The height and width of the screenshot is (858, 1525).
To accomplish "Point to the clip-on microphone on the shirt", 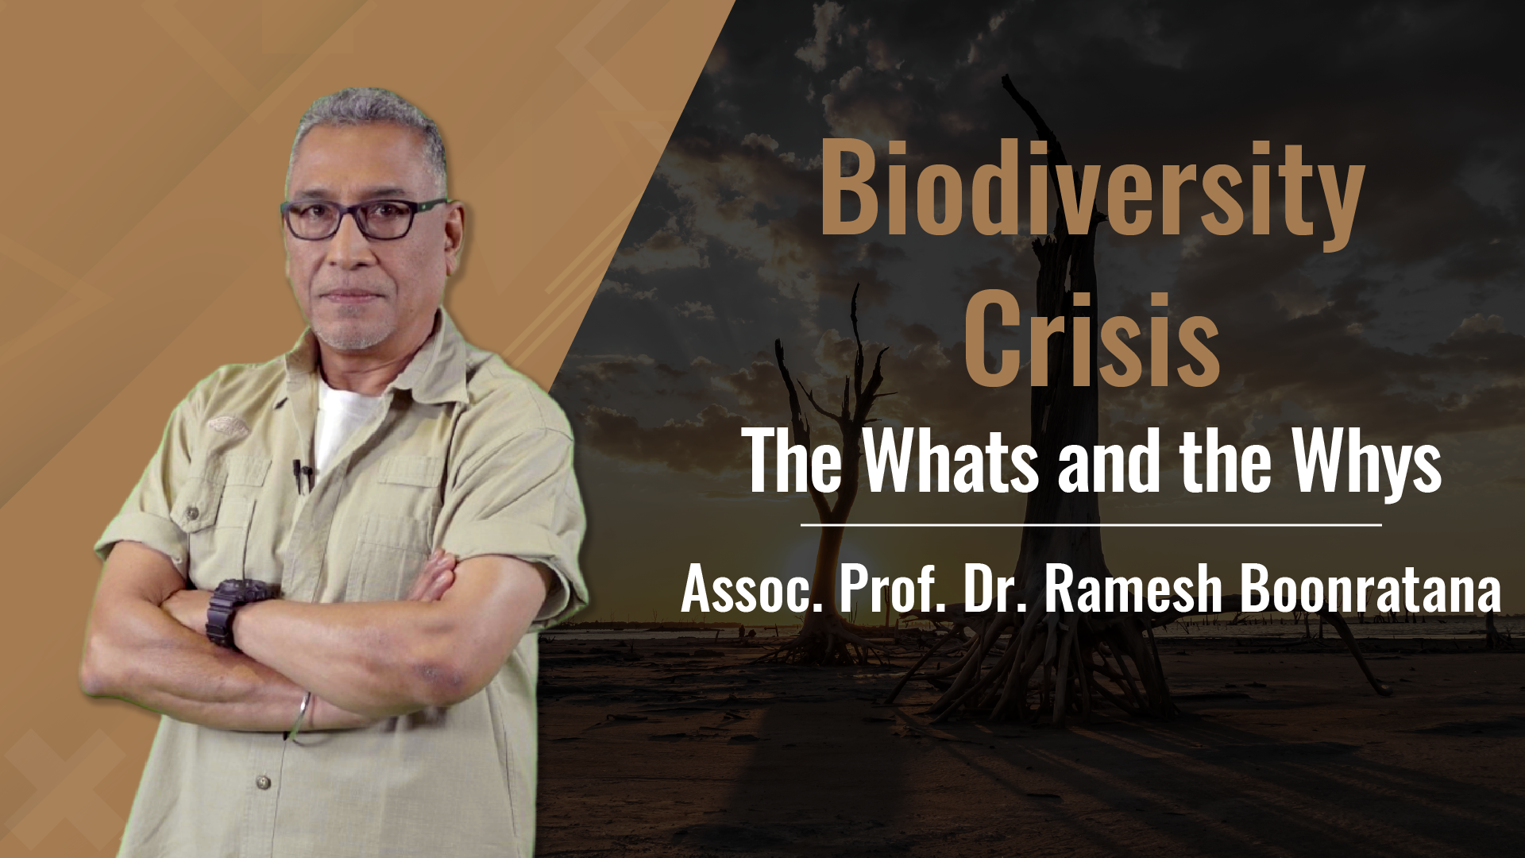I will coord(300,473).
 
